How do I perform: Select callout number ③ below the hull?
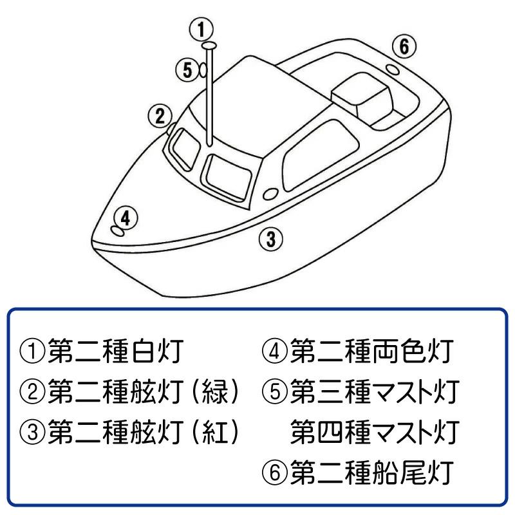(272, 239)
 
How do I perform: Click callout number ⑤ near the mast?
(187, 70)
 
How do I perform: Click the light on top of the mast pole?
(209, 46)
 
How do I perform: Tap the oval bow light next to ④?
(117, 230)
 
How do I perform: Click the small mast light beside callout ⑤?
(202, 70)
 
